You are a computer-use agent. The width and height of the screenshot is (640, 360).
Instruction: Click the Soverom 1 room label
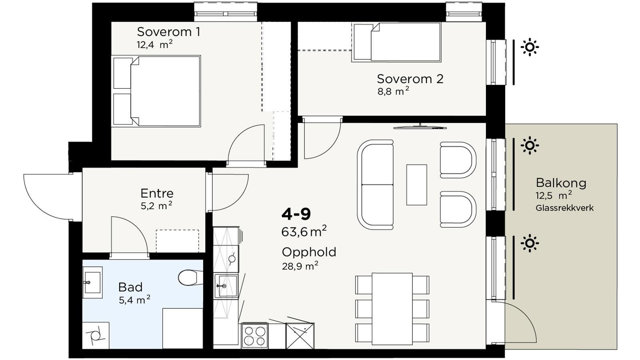pyautogui.click(x=168, y=32)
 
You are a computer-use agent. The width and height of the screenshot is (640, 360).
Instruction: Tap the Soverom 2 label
pyautogui.click(x=410, y=79)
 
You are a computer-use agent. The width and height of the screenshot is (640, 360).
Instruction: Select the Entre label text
pyautogui.click(x=157, y=194)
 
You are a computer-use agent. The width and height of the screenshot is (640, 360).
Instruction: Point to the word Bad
pyautogui.click(x=130, y=287)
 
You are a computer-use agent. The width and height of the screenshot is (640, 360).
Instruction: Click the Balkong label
pyautogui.click(x=561, y=183)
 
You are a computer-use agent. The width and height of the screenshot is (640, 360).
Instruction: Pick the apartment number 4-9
pyautogui.click(x=296, y=214)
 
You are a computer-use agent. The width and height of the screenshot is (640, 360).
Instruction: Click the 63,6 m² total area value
pyautogui.click(x=304, y=231)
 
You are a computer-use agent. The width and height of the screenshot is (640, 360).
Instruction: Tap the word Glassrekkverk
pyautogui.click(x=564, y=208)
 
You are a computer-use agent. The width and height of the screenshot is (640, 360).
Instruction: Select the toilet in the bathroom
pyautogui.click(x=191, y=278)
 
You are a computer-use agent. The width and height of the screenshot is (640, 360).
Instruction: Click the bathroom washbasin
pyautogui.click(x=92, y=283)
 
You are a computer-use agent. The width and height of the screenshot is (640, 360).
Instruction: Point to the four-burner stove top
pyautogui.click(x=254, y=336)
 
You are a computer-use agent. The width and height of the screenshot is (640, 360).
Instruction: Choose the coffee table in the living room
pyautogui.click(x=416, y=184)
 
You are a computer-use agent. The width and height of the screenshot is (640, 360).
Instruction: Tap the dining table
pyautogui.click(x=392, y=309)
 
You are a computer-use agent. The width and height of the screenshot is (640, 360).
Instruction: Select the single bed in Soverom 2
pyautogui.click(x=396, y=42)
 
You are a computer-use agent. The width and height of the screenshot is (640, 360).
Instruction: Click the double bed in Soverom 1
pyautogui.click(x=157, y=91)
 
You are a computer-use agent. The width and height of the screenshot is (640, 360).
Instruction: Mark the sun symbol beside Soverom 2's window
pyautogui.click(x=530, y=47)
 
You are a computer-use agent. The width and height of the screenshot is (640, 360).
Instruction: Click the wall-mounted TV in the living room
pyautogui.click(x=420, y=127)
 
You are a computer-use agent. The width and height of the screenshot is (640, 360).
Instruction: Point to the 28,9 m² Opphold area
pyautogui.click(x=300, y=266)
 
